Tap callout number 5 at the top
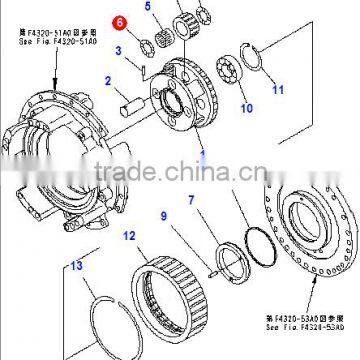(176, 7)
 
